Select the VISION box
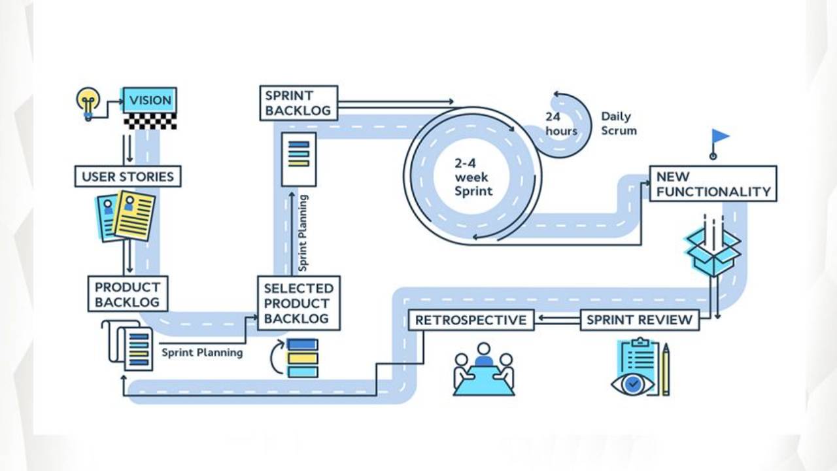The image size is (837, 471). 150,100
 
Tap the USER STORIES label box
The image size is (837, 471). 128,177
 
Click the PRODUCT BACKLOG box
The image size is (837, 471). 128,294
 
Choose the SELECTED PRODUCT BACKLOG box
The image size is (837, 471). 298,303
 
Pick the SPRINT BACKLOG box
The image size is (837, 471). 298,103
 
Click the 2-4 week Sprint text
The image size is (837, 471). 472,177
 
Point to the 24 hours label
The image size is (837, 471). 561,124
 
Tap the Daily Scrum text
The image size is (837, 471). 618,124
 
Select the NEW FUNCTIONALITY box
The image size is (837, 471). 713,184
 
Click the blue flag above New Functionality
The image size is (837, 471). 719,137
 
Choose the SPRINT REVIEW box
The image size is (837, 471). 639,320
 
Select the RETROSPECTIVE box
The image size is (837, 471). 471,320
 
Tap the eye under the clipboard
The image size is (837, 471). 632,384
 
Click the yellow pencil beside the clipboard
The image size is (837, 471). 666,370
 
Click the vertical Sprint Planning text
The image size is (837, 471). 303,232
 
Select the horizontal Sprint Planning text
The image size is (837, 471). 202,353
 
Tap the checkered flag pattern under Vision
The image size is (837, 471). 150,121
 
